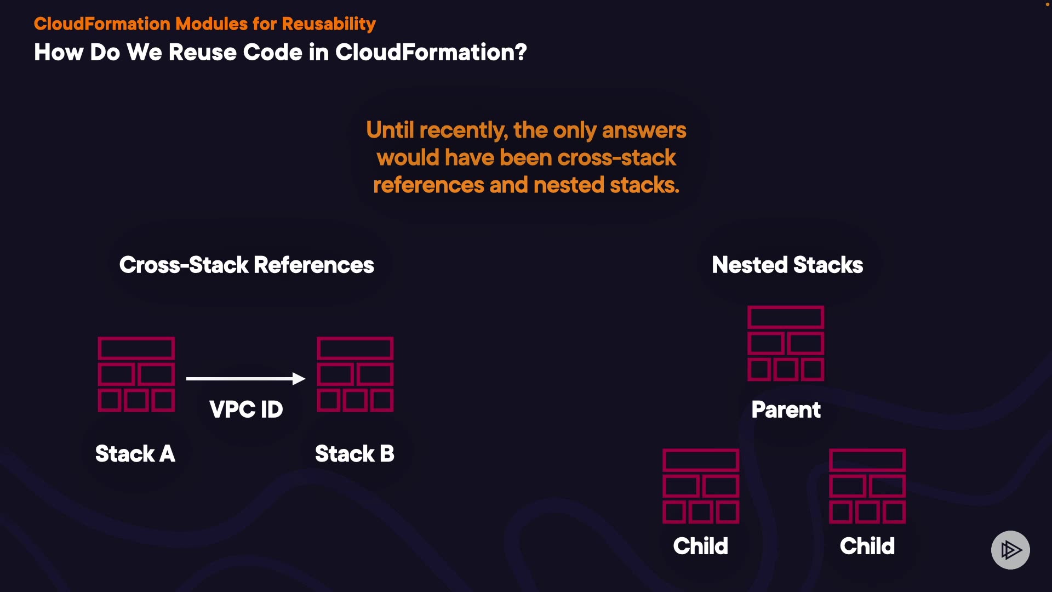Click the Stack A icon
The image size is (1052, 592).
click(x=136, y=374)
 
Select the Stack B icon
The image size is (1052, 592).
click(x=355, y=374)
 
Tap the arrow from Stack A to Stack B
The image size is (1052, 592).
click(x=245, y=378)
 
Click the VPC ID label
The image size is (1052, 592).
click(x=246, y=409)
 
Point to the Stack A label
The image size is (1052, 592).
click(x=135, y=454)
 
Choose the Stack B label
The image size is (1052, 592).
click(x=355, y=454)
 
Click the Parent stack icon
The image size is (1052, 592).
click(x=786, y=343)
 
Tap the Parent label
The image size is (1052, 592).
click(x=786, y=410)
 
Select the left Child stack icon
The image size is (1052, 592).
click(x=701, y=486)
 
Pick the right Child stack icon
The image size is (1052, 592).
click(x=867, y=486)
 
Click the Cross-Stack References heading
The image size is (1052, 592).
click(x=247, y=265)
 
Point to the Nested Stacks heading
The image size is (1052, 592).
click(x=787, y=265)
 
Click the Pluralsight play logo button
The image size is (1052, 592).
click(x=1010, y=550)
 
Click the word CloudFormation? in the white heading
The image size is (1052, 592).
click(x=431, y=53)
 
